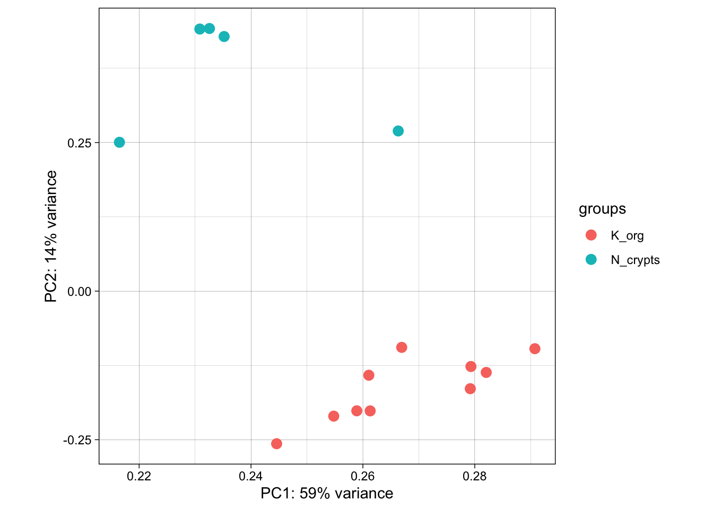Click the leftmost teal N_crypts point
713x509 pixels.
[119, 142]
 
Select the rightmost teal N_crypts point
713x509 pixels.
[398, 131]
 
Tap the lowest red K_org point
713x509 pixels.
[276, 444]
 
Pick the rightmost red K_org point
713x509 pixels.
[535, 348]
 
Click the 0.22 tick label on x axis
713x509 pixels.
[139, 476]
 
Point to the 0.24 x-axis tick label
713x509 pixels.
[251, 476]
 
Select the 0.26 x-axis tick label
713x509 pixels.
[363, 476]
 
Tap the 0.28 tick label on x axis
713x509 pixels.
[474, 476]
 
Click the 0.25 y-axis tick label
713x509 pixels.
[80, 143]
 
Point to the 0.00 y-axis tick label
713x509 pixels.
[80, 291]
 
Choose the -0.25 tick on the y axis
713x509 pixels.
[77, 440]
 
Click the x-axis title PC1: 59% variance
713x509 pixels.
[327, 494]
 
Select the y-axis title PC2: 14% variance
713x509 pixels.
[51, 236]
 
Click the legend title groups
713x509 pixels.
[602, 209]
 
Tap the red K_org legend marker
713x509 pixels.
[591, 235]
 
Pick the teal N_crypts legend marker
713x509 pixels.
[591, 259]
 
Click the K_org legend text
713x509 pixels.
[627, 235]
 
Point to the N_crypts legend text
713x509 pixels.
[635, 260]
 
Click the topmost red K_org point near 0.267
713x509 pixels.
[402, 347]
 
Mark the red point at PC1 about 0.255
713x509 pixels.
[334, 416]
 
